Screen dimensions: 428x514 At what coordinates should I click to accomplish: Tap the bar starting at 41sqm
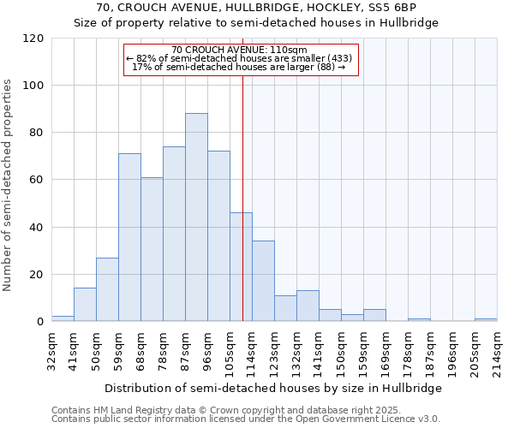pyautogui.click(x=85, y=305)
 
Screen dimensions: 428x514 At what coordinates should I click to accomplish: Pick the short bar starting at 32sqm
pyautogui.click(x=63, y=318)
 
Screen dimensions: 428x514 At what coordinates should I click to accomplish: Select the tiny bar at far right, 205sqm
pyautogui.click(x=486, y=319)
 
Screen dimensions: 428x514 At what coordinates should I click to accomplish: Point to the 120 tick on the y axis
pyautogui.click(x=33, y=39)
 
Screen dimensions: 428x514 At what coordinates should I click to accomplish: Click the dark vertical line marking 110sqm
pyautogui.click(x=242, y=197)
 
